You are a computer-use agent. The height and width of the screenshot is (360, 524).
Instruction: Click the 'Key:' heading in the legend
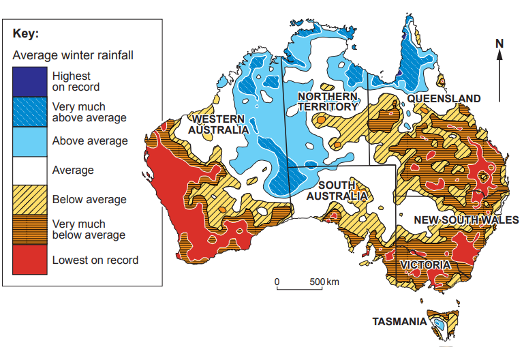tap(26, 34)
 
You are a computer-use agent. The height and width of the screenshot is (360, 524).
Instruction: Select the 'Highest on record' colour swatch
tap(29, 81)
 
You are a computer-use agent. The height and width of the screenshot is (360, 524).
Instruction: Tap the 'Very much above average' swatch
tap(29, 111)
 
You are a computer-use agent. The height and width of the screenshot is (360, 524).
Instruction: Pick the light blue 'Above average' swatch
tap(29, 140)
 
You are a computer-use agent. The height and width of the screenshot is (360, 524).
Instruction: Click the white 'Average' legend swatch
tap(29, 170)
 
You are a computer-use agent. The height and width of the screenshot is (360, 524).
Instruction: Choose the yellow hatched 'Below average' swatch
tap(29, 199)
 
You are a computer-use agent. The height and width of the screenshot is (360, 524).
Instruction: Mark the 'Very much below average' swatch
tap(29, 229)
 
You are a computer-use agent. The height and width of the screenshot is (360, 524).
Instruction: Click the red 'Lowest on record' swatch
tap(29, 259)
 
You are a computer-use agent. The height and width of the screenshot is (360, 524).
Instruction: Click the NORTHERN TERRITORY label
tap(328, 102)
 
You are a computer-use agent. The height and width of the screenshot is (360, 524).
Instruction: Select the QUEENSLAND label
tap(444, 98)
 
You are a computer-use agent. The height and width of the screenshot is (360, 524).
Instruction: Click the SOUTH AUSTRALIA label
tap(337, 190)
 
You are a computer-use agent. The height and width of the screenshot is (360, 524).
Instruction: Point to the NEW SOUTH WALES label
tap(466, 220)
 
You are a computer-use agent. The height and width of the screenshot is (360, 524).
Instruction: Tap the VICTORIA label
tap(425, 265)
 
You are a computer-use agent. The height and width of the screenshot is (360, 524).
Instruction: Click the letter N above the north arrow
tap(499, 44)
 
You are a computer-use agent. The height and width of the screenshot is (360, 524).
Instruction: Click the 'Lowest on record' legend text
tap(95, 260)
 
